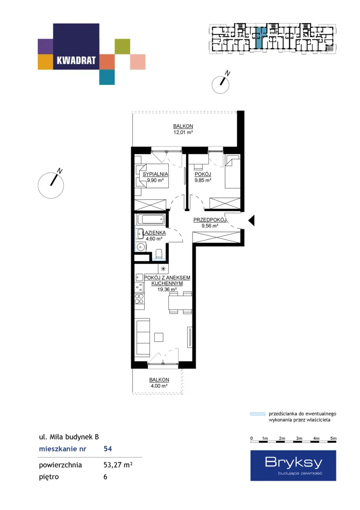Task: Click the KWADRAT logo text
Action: (76, 60)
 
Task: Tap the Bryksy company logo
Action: (293, 466)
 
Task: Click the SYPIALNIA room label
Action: (155, 174)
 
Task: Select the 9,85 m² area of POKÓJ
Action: (203, 180)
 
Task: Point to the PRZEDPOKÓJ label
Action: (209, 220)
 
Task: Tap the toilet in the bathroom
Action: (159, 254)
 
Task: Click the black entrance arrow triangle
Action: (251, 221)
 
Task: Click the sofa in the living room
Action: (142, 337)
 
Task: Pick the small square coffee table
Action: (159, 337)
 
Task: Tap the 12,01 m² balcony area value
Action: (183, 132)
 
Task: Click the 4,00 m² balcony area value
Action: (159, 386)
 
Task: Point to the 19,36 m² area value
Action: (167, 289)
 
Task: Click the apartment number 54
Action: (108, 449)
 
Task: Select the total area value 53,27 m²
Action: (117, 465)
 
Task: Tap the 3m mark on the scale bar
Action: (299, 438)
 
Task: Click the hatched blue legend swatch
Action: (258, 414)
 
